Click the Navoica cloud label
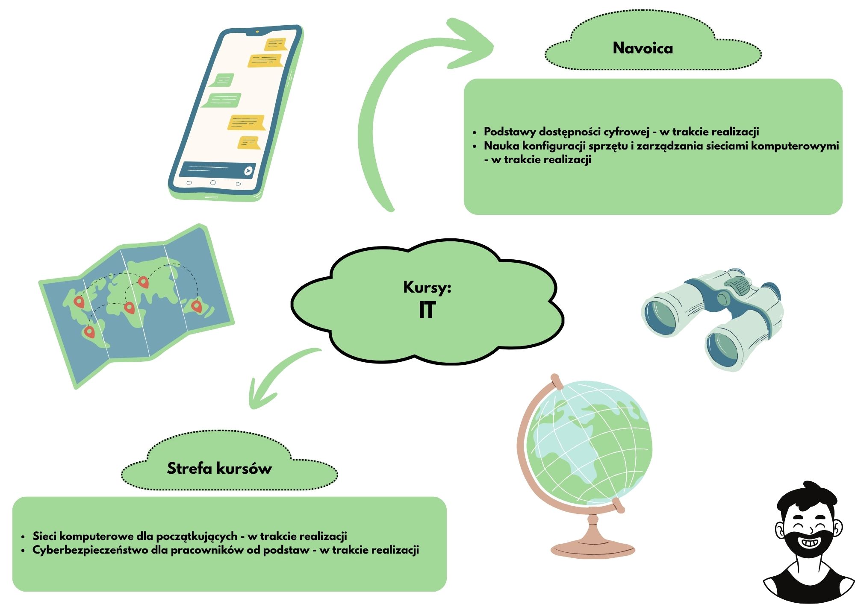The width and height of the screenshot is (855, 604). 643,48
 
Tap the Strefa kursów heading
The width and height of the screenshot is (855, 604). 219,468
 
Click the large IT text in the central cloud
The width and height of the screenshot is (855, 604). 427,310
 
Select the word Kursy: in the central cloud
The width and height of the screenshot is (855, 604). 427,287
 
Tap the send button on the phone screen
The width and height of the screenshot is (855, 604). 248,171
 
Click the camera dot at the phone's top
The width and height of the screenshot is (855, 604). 257,32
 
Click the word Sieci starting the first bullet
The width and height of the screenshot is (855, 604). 45,536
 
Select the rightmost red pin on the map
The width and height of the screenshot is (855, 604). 196,306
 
